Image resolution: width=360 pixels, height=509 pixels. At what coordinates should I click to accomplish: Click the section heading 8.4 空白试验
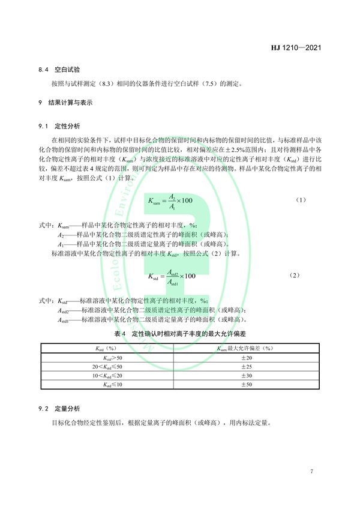56,70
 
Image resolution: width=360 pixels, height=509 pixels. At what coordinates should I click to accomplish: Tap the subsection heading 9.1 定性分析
59,126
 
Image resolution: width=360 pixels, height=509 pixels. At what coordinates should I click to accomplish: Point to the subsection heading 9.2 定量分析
59,409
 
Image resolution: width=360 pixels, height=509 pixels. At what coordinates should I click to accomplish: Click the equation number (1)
302,199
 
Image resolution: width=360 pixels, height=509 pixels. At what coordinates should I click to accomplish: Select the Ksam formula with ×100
170,200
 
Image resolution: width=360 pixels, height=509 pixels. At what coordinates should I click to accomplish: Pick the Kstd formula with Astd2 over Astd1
172,276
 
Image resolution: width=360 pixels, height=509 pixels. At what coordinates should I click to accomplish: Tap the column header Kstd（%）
106,348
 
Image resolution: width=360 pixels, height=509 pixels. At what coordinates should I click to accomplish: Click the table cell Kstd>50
106,357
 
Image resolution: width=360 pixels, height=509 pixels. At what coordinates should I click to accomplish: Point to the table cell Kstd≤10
106,384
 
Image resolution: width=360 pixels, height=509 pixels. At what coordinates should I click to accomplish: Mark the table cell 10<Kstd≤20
106,375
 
